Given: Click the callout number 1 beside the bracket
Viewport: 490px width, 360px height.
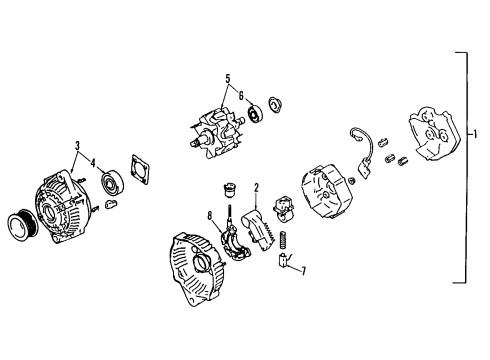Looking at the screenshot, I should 475,132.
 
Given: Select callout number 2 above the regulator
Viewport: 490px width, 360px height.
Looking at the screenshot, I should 257,187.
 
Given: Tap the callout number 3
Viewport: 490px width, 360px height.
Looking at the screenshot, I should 76,147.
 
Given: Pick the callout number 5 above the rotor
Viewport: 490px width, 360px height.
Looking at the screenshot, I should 227,78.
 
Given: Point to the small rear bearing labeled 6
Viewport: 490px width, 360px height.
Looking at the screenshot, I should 254,113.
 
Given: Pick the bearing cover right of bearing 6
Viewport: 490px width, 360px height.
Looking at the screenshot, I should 275,104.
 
